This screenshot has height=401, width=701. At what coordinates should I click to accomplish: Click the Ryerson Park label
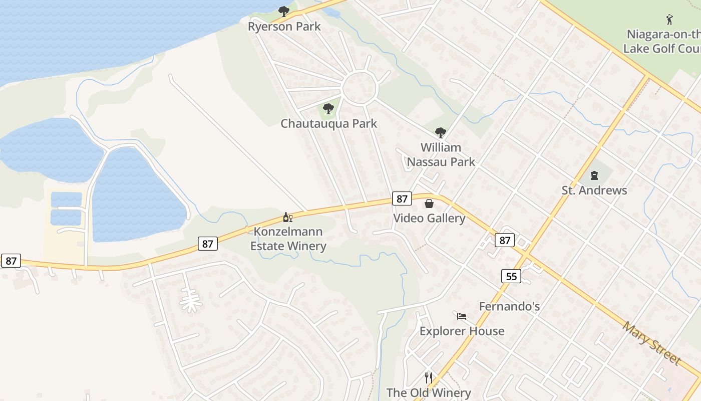click(x=284, y=27)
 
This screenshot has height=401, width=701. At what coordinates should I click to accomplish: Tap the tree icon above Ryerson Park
click(x=284, y=11)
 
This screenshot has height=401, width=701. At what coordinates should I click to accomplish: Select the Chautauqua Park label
click(x=328, y=123)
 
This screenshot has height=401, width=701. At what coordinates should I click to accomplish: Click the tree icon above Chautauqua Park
click(x=328, y=108)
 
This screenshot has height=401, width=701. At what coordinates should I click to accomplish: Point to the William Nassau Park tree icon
click(x=441, y=133)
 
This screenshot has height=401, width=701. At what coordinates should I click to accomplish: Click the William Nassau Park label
click(x=441, y=154)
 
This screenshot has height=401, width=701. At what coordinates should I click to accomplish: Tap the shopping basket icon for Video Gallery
click(x=429, y=204)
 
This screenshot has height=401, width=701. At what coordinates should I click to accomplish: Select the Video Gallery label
click(x=429, y=219)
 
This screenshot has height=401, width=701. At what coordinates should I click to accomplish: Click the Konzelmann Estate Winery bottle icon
click(x=287, y=217)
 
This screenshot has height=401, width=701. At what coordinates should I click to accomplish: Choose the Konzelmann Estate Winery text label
click(x=288, y=239)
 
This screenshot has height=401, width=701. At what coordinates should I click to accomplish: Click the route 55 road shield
click(x=511, y=276)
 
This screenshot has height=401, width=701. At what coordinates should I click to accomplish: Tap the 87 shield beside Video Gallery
click(x=402, y=198)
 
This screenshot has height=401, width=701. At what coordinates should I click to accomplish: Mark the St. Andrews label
click(x=594, y=190)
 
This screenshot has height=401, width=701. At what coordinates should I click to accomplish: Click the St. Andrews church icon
click(x=594, y=175)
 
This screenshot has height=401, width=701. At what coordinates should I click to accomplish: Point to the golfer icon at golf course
click(x=669, y=20)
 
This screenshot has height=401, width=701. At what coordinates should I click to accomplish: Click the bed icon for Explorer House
click(x=462, y=316)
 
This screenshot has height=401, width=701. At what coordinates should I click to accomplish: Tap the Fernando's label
click(x=509, y=306)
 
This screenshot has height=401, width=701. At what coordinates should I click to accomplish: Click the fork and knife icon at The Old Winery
click(x=429, y=377)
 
